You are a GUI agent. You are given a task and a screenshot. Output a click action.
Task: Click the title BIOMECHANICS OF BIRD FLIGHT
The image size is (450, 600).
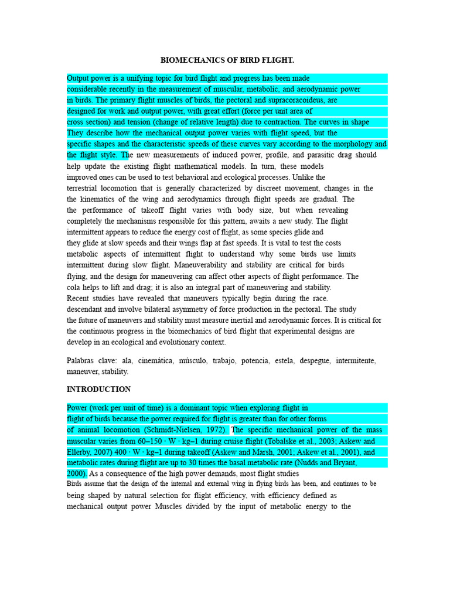pyautogui.click(x=227, y=60)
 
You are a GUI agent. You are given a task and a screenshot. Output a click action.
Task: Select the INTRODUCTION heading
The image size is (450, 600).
pyautogui.click(x=98, y=389)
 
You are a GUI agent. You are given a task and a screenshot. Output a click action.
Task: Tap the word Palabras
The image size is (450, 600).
pyautogui.click(x=83, y=360)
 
